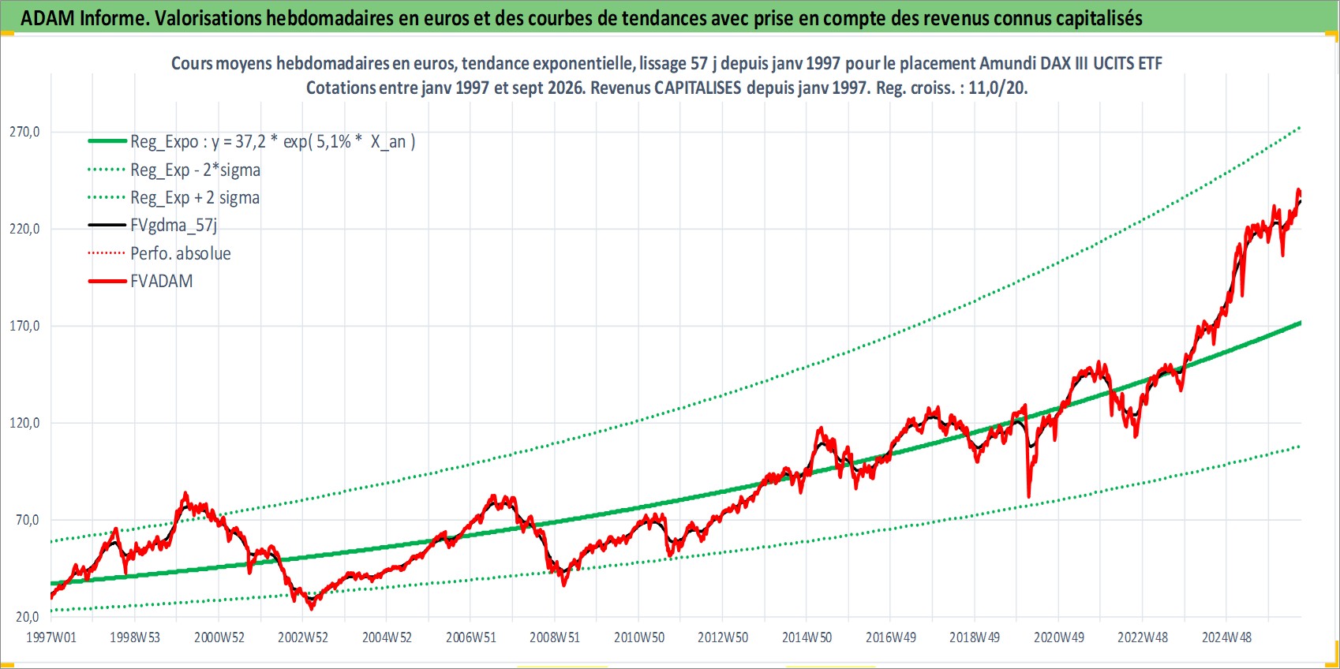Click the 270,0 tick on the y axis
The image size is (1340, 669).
[x=24, y=132]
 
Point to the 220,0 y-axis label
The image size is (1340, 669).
[x=24, y=229]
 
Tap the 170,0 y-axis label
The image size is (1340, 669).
[x=24, y=326]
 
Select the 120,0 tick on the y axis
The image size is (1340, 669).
[x=24, y=423]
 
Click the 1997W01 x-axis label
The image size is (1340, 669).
[x=51, y=637]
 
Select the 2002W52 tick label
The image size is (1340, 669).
[x=303, y=637]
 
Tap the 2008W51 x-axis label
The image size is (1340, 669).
[x=555, y=637]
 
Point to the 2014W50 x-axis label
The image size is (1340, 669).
[x=807, y=637]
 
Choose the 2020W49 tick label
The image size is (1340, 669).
[x=1059, y=637]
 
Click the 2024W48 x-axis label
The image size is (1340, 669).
[x=1226, y=637]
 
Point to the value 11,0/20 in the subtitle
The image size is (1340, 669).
[x=998, y=88]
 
